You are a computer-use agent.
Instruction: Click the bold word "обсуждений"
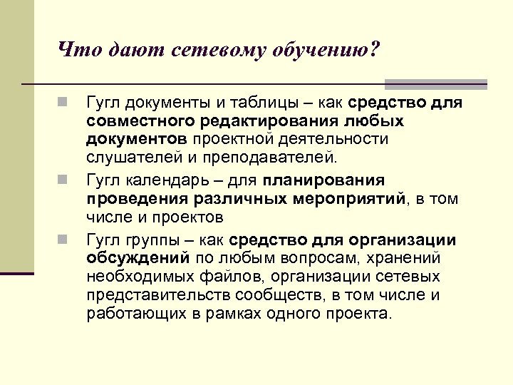point(138,258)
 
